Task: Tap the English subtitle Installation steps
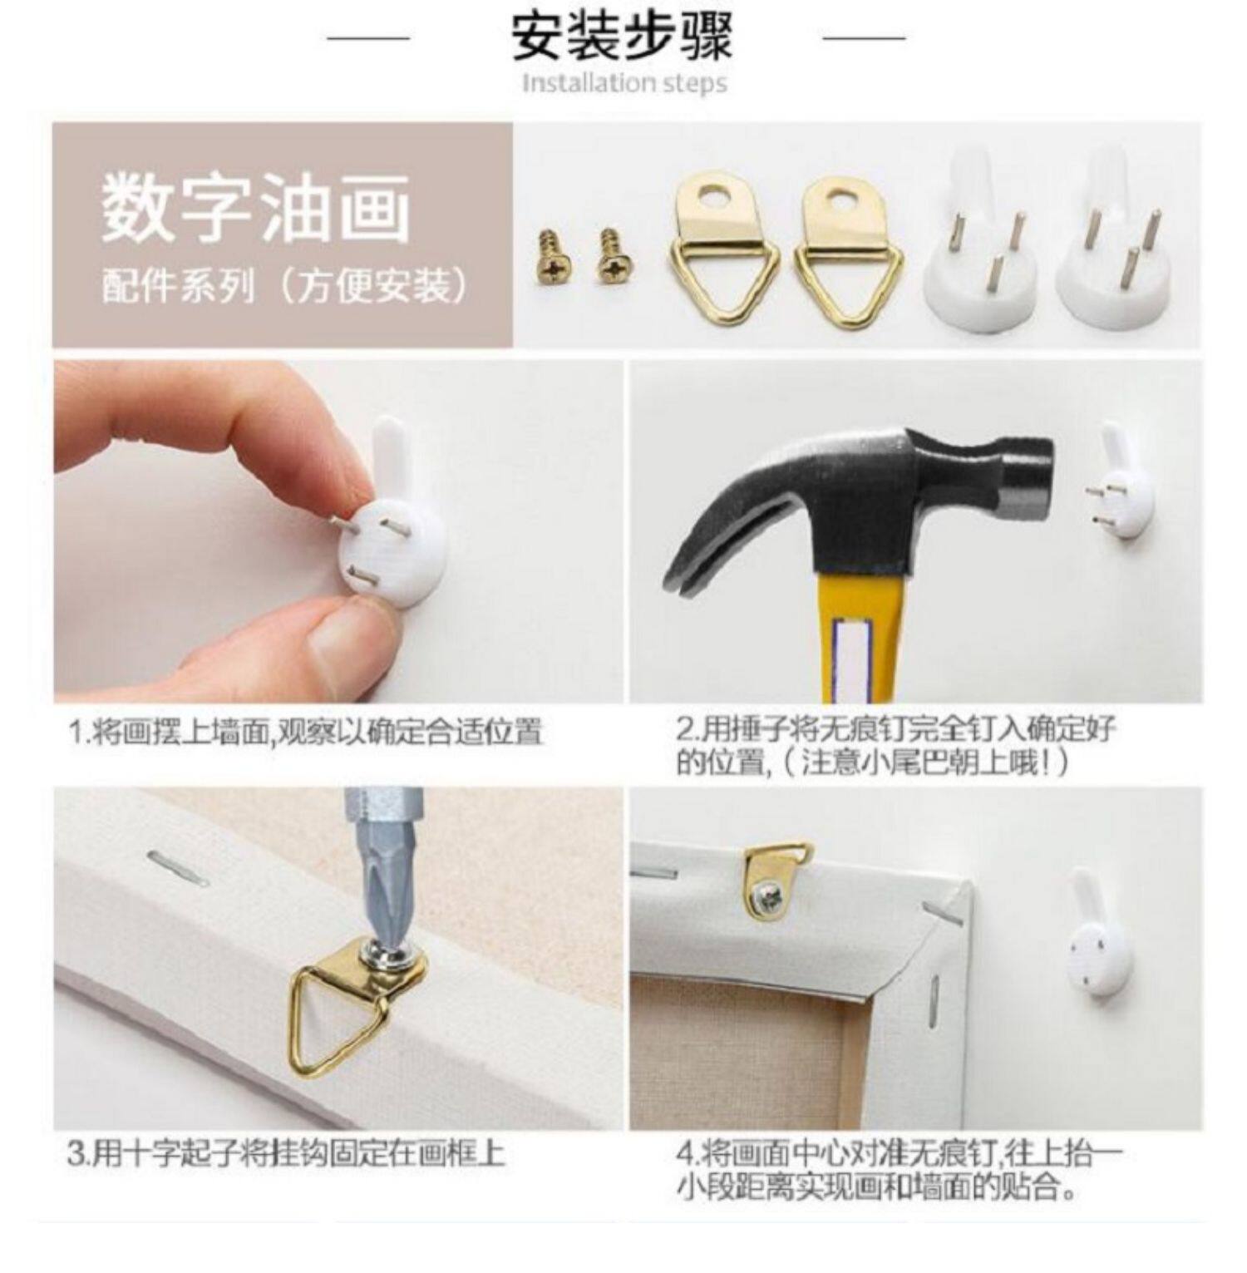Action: (x=624, y=83)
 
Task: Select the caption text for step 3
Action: (x=285, y=1154)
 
